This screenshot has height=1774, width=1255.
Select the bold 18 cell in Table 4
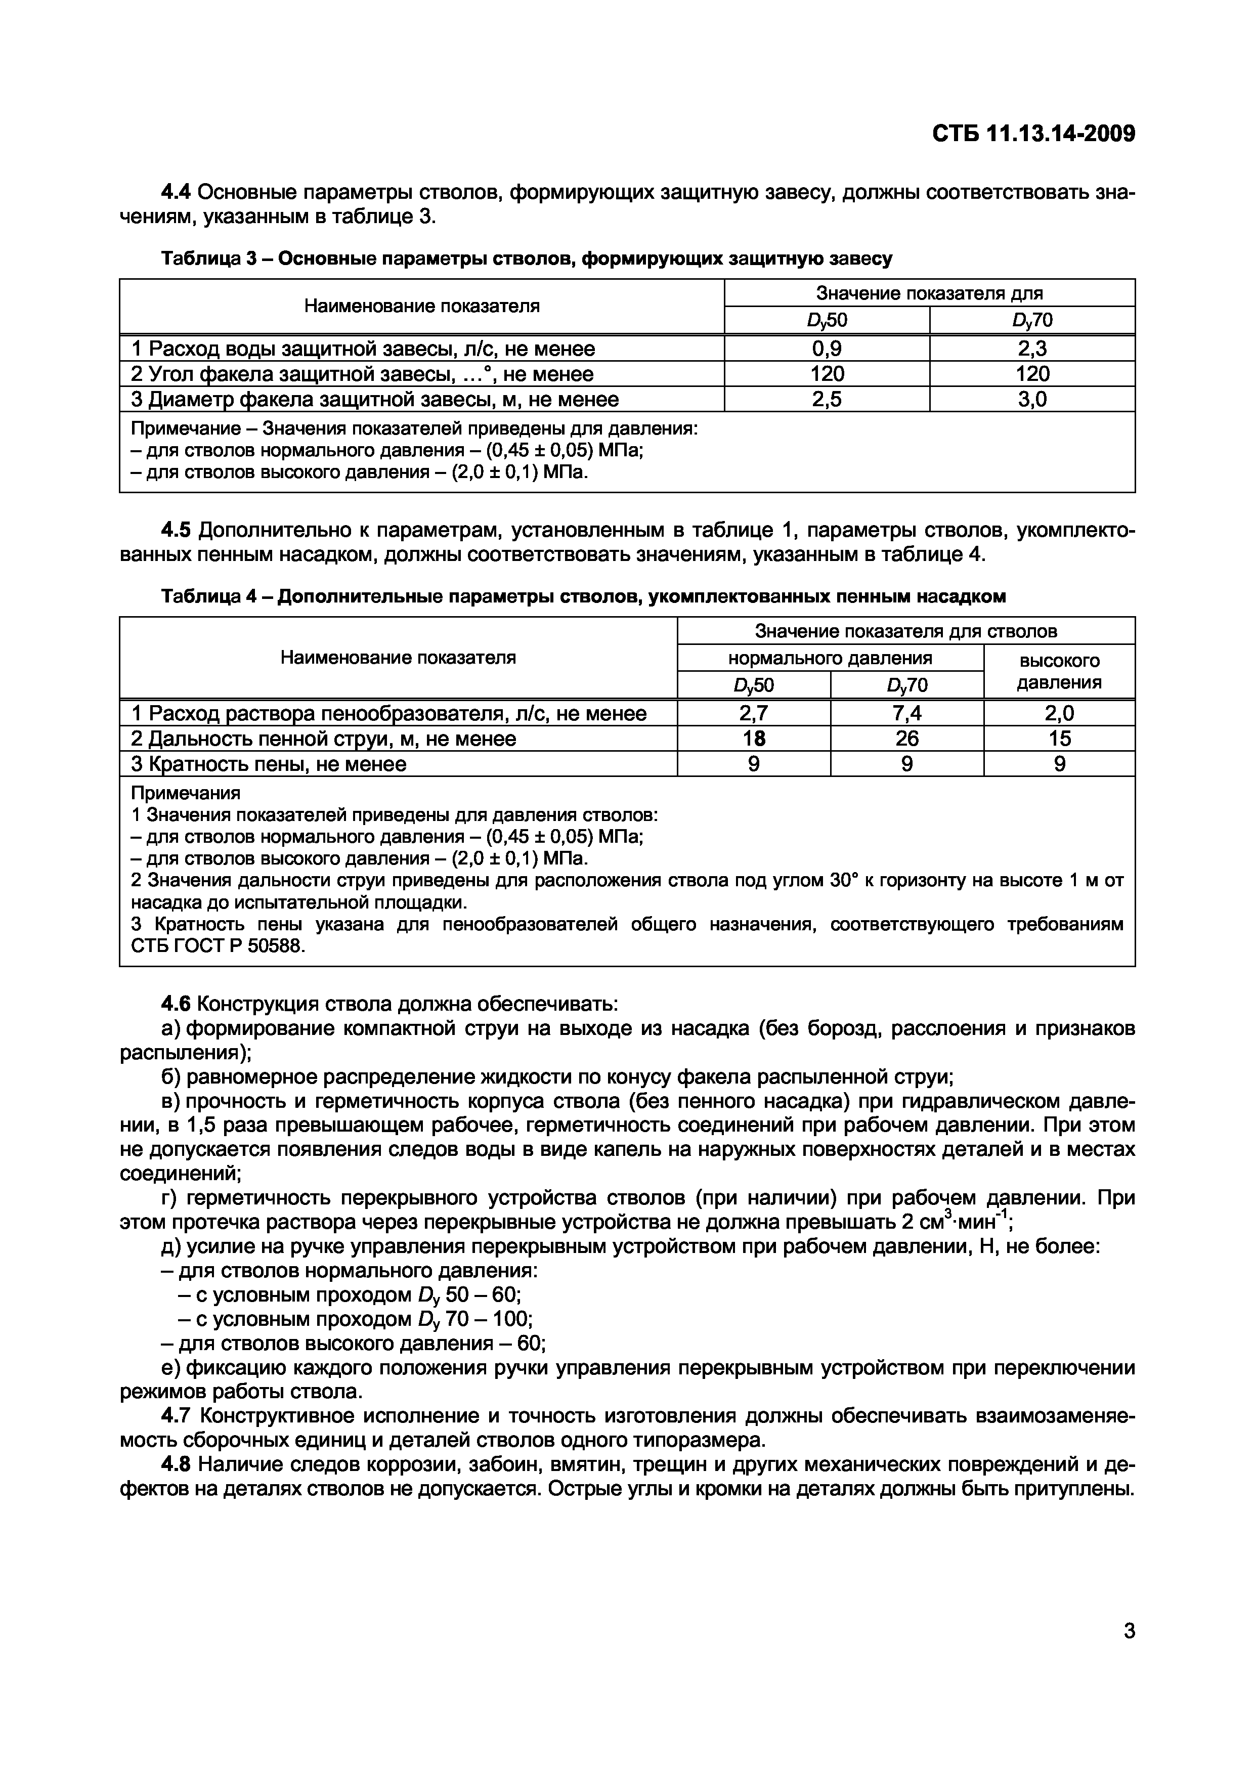point(754,739)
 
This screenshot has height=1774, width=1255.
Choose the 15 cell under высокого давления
point(1059,739)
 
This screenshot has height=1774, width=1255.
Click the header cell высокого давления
point(1059,671)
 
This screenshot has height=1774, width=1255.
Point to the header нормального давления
point(830,658)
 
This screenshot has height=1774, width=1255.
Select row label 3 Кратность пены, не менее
point(268,764)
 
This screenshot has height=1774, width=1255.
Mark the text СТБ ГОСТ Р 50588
point(218,946)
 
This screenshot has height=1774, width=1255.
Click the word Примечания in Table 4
point(186,794)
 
